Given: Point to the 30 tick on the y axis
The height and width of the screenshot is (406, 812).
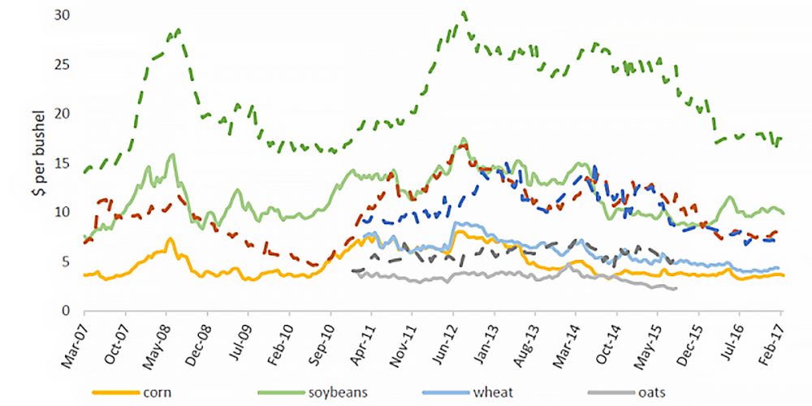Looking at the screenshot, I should coord(63,15).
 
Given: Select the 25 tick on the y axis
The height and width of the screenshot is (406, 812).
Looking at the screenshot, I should coord(63,64).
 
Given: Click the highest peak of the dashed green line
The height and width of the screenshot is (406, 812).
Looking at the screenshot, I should coord(463,12).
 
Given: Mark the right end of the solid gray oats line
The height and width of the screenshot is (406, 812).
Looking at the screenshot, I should coord(676,287).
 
